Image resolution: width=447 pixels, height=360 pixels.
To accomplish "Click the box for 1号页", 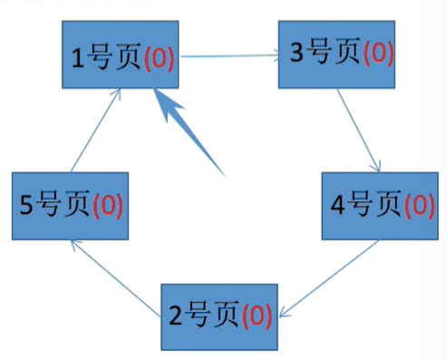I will click(x=121, y=56).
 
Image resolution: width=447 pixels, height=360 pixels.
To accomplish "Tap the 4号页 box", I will click(x=379, y=206).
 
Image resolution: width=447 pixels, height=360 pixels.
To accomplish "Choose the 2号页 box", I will click(x=219, y=316).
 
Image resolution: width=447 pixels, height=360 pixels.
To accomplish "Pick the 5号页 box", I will click(x=69, y=205).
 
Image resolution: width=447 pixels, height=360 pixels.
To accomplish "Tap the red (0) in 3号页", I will click(x=378, y=54).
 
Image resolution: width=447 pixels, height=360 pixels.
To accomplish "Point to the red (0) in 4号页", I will click(x=419, y=206).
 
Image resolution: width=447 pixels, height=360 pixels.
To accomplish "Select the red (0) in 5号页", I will click(x=108, y=205).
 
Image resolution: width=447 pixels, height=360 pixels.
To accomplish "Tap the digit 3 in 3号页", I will click(x=296, y=54).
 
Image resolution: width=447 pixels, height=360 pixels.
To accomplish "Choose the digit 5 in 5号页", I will click(x=26, y=206).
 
